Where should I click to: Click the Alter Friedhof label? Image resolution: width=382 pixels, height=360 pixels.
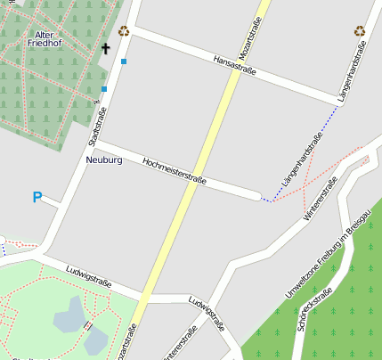(x=43, y=38)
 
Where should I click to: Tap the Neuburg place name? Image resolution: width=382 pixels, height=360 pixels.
(x=104, y=160)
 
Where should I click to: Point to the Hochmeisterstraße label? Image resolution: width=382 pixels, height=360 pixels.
(x=175, y=170)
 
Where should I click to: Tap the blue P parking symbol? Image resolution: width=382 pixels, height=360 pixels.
(x=37, y=197)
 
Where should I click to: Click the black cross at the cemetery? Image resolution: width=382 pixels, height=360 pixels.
(x=105, y=48)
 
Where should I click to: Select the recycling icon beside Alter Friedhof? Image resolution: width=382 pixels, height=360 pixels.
(x=124, y=31)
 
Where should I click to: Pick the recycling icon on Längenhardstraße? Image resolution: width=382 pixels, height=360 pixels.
(x=360, y=31)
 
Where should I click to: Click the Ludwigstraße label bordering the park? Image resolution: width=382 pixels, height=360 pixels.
(x=89, y=277)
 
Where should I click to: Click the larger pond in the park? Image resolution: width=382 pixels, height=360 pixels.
(x=69, y=315)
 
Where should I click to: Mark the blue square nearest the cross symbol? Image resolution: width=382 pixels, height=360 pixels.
(x=124, y=61)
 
